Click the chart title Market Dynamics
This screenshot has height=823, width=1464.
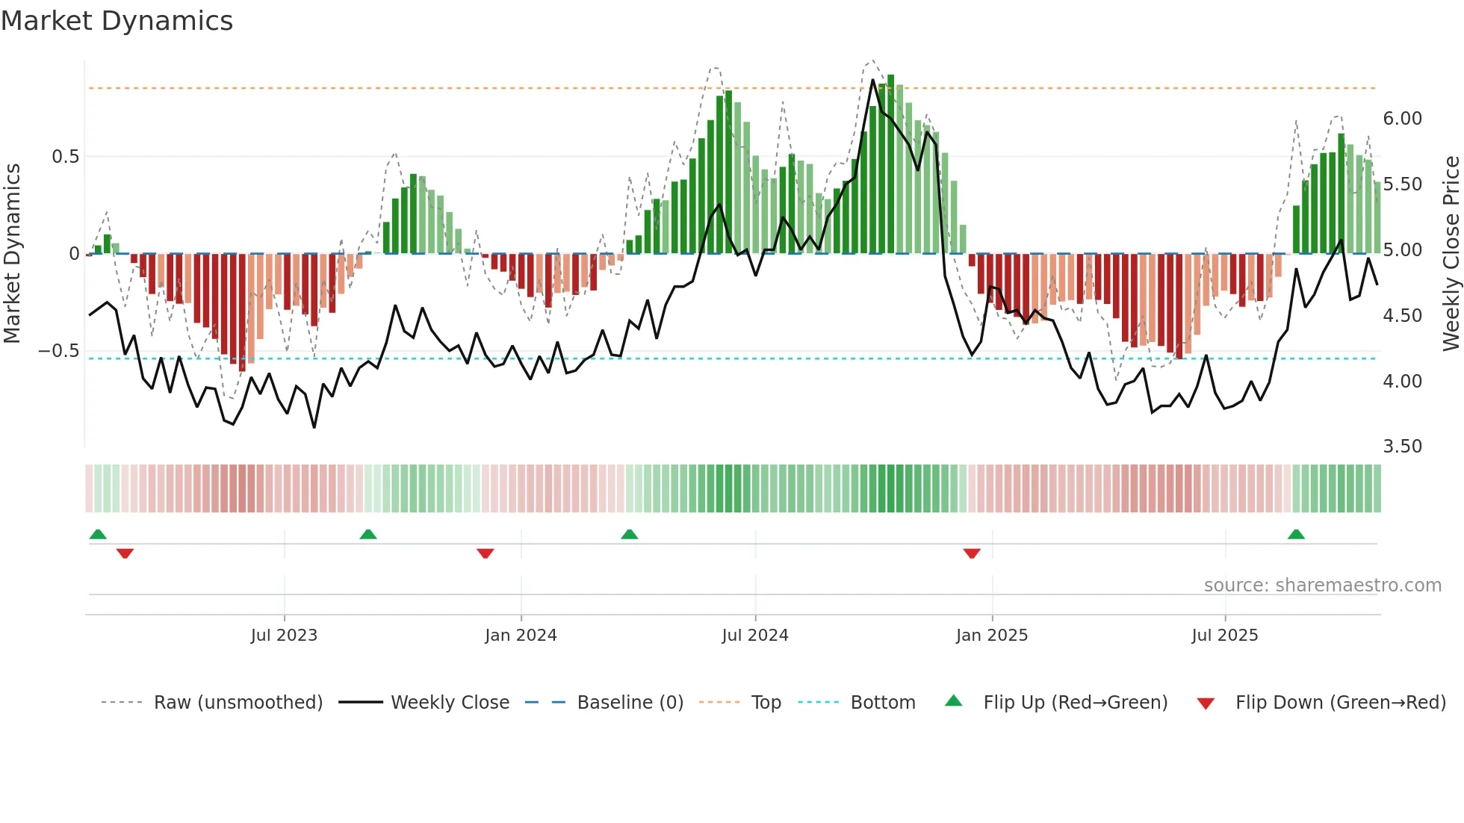(117, 21)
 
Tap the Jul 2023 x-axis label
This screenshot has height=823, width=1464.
(284, 636)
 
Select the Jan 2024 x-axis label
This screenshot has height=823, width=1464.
(521, 636)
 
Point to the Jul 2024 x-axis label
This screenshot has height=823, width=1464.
(755, 636)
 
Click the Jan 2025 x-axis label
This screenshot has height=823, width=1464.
(992, 636)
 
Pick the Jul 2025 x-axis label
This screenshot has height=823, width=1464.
(1225, 636)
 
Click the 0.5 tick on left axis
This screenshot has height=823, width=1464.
(65, 157)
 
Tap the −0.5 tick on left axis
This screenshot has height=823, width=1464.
(59, 351)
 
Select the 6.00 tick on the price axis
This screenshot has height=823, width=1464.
(1402, 119)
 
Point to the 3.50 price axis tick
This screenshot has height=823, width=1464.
(1402, 447)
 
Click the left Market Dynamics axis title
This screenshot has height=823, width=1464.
(12, 254)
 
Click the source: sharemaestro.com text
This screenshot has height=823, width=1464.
(1322, 586)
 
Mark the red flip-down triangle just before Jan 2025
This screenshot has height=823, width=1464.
(972, 553)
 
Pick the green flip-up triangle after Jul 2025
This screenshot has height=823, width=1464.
(1296, 534)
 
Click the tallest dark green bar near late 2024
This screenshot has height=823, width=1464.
(890, 164)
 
